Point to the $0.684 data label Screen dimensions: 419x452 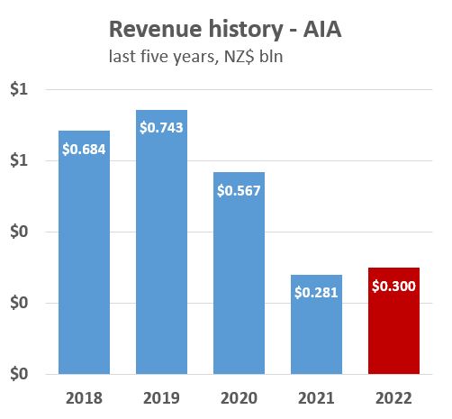pos(85,149)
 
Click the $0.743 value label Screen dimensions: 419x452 pos(162,127)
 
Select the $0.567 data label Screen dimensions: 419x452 pos(240,190)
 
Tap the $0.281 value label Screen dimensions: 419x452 pos(317,292)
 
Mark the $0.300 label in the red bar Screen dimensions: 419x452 pos(394,286)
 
